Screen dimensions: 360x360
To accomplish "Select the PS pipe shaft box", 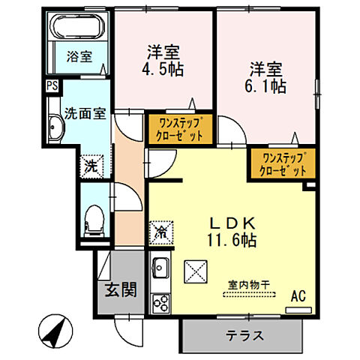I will coord(52,86).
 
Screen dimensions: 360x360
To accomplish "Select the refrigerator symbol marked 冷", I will coord(161,232).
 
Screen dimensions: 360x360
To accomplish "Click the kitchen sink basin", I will coord(160,266).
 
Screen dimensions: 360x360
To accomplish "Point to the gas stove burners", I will coord(160,302).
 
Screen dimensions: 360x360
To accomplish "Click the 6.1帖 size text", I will coord(268,85).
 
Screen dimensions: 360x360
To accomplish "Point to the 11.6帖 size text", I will coord(232,241).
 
